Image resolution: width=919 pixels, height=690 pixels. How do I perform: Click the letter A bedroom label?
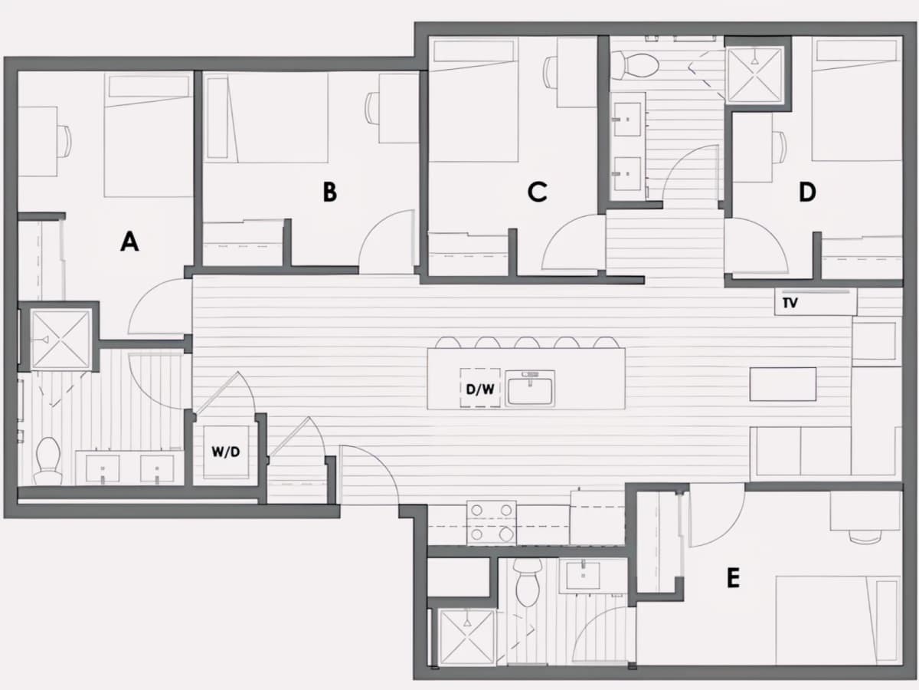click(129, 242)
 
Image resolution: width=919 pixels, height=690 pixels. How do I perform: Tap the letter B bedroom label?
click(330, 192)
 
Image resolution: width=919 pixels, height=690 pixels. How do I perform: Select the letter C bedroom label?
click(537, 192)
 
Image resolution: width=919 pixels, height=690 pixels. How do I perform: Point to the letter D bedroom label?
click(807, 192)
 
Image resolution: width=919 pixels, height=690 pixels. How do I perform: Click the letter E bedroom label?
click(733, 578)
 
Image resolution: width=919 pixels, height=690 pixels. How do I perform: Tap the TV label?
click(790, 303)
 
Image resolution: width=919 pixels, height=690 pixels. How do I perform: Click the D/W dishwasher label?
click(480, 389)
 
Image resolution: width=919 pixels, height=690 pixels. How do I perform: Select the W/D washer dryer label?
click(226, 452)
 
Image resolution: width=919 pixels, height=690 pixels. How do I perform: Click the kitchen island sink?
click(530, 389)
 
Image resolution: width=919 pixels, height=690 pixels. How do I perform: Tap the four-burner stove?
click(492, 522)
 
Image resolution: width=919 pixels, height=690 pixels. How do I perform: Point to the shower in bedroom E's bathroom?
click(466, 637)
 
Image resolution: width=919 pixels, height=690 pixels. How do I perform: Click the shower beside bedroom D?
click(755, 74)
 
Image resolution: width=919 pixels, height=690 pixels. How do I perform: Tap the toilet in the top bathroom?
click(635, 65)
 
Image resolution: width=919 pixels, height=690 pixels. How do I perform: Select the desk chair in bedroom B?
click(371, 107)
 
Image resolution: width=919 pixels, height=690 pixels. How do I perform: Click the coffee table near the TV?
click(783, 384)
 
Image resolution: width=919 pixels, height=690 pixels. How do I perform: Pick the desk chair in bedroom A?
click(64, 141)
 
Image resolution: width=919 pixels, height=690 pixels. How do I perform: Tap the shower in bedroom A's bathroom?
click(61, 340)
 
